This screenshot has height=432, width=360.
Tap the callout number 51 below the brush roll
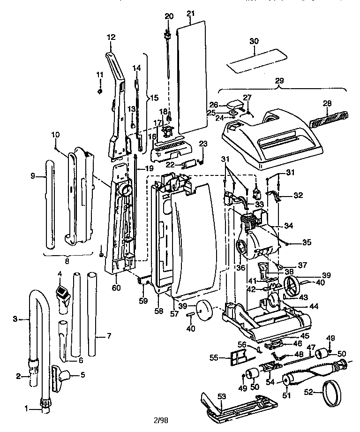point(286,395)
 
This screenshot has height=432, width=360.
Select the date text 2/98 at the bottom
point(160,420)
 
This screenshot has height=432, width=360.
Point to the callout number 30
point(254,41)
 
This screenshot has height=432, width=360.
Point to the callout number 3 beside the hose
point(15,319)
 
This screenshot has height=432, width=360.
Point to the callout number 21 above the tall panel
point(190,14)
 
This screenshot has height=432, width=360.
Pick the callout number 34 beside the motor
point(288,226)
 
